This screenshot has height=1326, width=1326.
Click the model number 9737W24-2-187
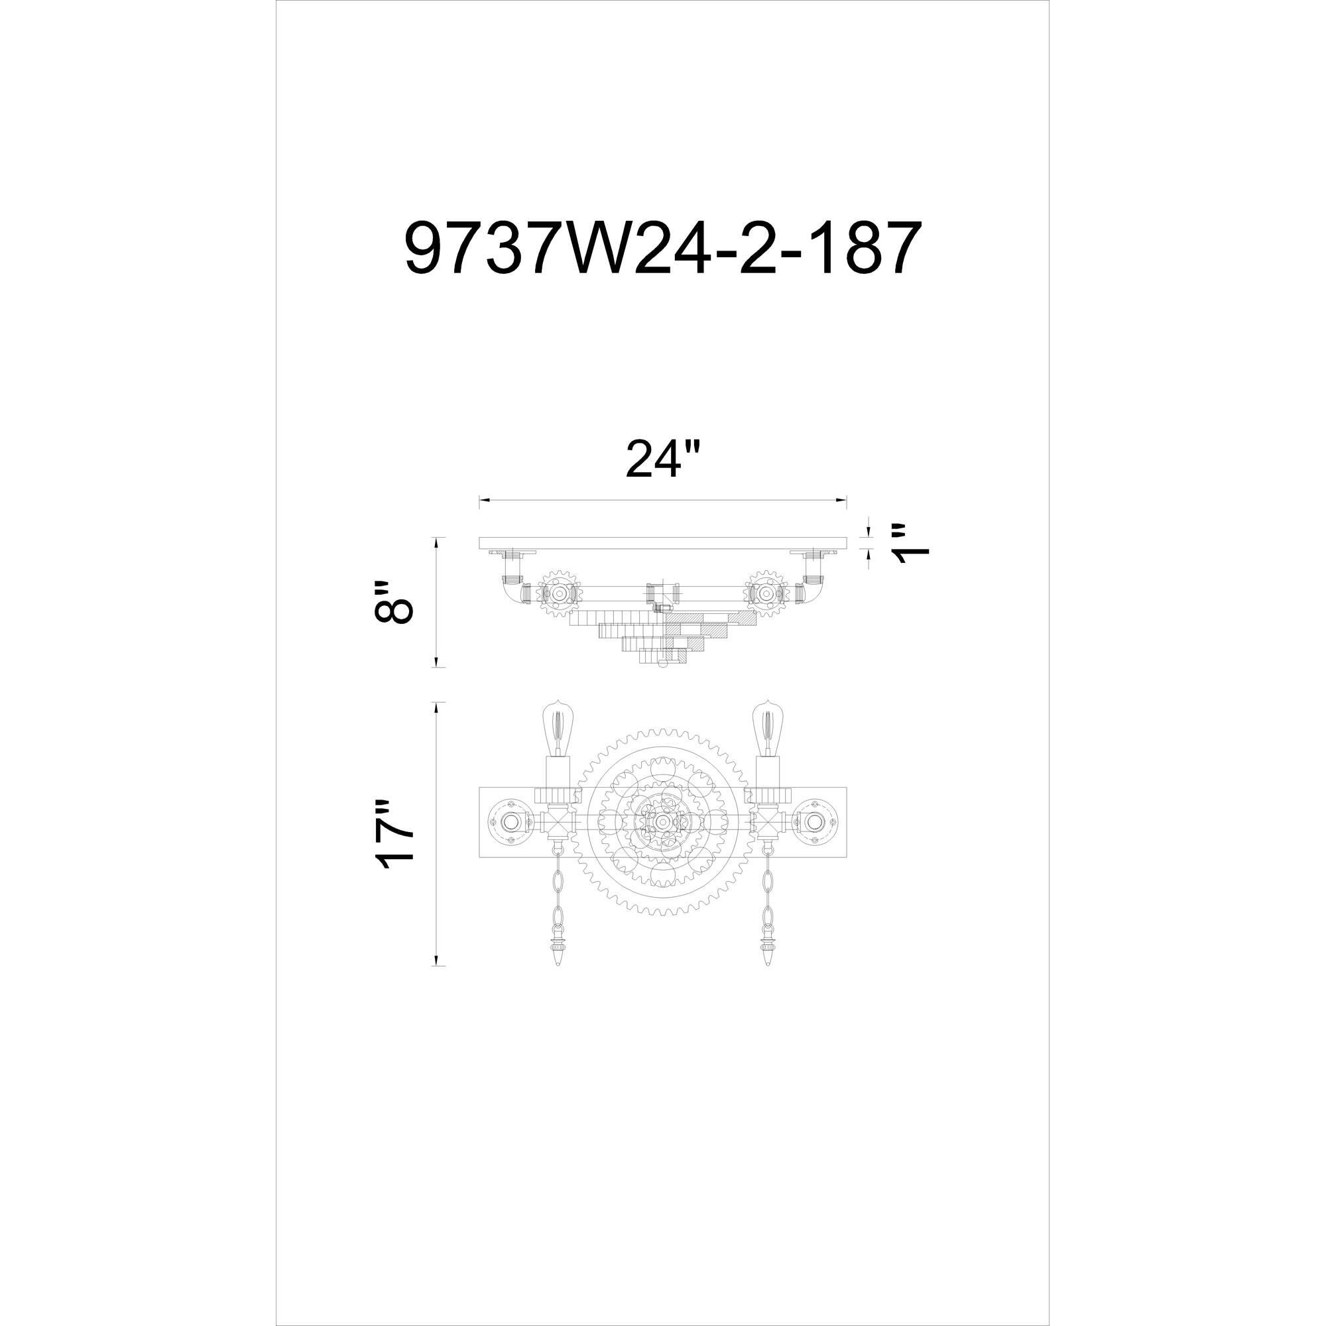pyautogui.click(x=660, y=249)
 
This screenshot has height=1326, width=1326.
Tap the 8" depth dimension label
pyautogui.click(x=394, y=602)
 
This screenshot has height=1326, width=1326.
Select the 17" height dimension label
pyautogui.click(x=394, y=835)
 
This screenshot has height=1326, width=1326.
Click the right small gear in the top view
pyautogui.click(x=766, y=591)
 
